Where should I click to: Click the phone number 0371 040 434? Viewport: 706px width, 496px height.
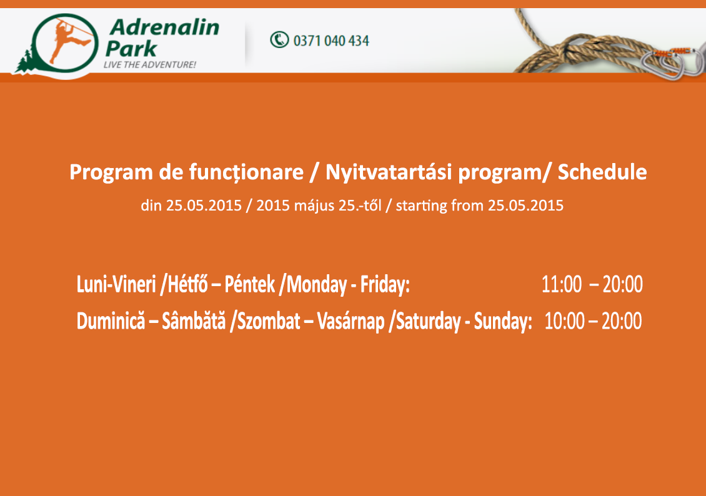tap(331, 41)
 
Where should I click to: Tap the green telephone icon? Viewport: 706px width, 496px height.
tap(279, 39)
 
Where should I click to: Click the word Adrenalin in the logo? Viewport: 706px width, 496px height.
tap(164, 27)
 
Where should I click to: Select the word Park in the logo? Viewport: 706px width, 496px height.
tap(131, 48)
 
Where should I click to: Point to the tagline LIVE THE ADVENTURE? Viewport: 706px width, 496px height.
tap(149, 65)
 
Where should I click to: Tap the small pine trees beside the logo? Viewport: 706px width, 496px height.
tap(24, 62)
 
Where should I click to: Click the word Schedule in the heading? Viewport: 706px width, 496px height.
tap(602, 172)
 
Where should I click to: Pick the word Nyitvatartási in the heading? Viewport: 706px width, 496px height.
tap(388, 172)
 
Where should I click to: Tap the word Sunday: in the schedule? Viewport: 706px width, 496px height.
tap(503, 321)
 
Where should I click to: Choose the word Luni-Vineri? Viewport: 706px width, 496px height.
tap(116, 284)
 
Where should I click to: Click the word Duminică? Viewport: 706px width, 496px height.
tap(111, 321)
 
